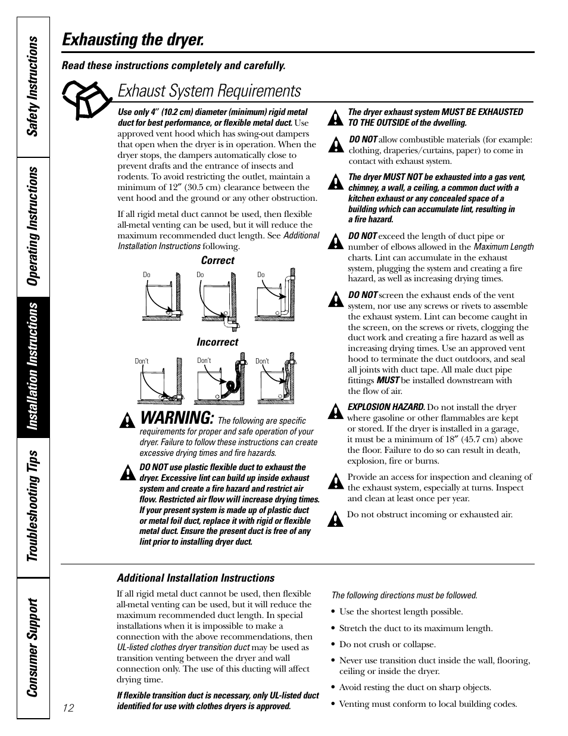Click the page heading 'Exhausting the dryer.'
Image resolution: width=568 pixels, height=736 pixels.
click(133, 40)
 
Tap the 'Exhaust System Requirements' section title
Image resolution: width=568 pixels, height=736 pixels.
click(209, 91)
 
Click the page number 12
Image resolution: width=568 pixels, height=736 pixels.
click(68, 707)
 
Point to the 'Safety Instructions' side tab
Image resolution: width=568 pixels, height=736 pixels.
click(33, 85)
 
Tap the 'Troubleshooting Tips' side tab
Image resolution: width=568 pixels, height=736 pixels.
click(33, 505)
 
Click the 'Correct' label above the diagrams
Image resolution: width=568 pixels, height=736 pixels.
click(217, 260)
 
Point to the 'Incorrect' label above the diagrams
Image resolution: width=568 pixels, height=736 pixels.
click(217, 342)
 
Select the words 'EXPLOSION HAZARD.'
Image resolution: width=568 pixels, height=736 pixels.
click(386, 407)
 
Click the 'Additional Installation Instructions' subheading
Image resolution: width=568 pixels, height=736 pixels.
click(195, 578)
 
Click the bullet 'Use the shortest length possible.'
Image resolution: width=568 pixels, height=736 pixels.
click(401, 611)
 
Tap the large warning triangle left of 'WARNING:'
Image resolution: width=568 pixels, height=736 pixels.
click(126, 422)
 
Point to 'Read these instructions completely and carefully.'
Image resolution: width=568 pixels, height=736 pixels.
click(174, 66)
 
